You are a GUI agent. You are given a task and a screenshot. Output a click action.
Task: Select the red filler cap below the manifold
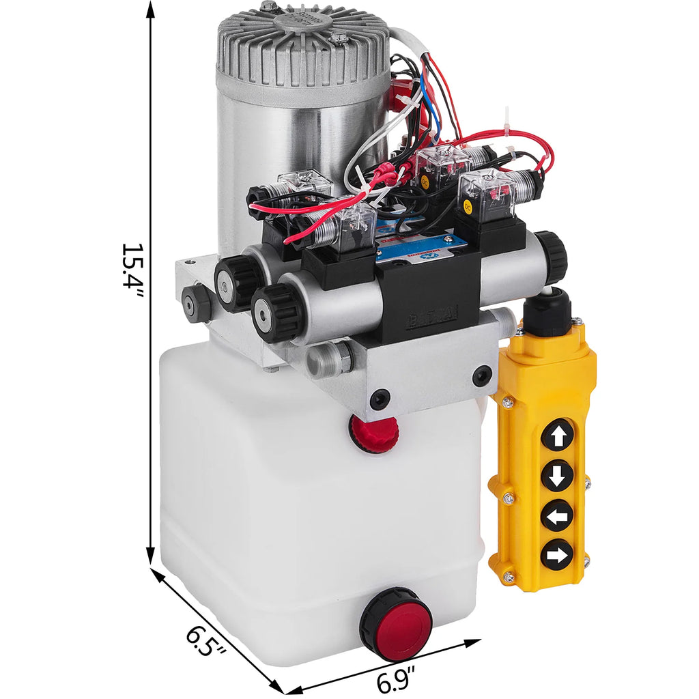click(373, 430)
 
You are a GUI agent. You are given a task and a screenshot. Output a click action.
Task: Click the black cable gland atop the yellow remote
click(546, 311)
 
